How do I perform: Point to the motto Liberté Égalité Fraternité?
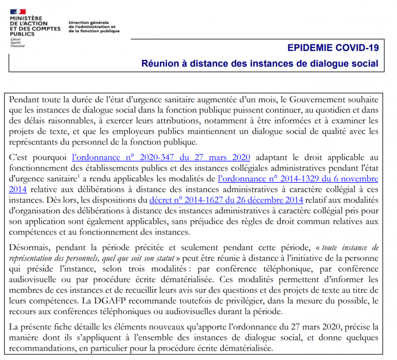click(x=17, y=42)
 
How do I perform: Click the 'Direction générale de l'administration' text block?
click(x=93, y=27)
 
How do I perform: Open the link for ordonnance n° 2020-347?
click(x=161, y=158)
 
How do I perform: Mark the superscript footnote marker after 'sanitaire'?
click(x=79, y=177)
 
